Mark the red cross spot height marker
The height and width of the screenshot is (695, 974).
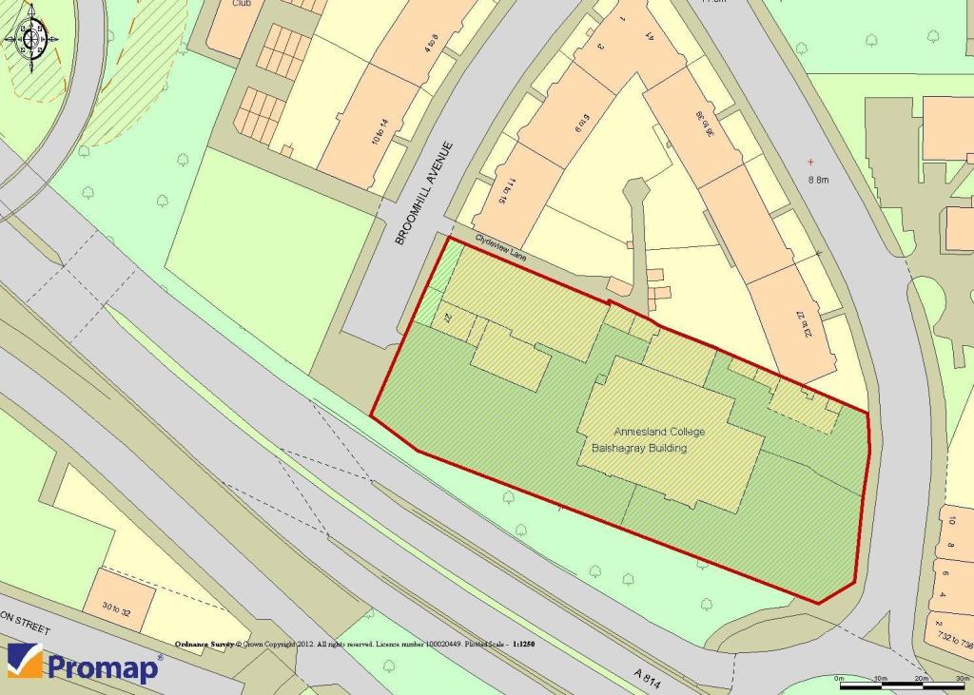(x=810, y=162)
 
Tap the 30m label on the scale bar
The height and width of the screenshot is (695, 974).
(x=961, y=677)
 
